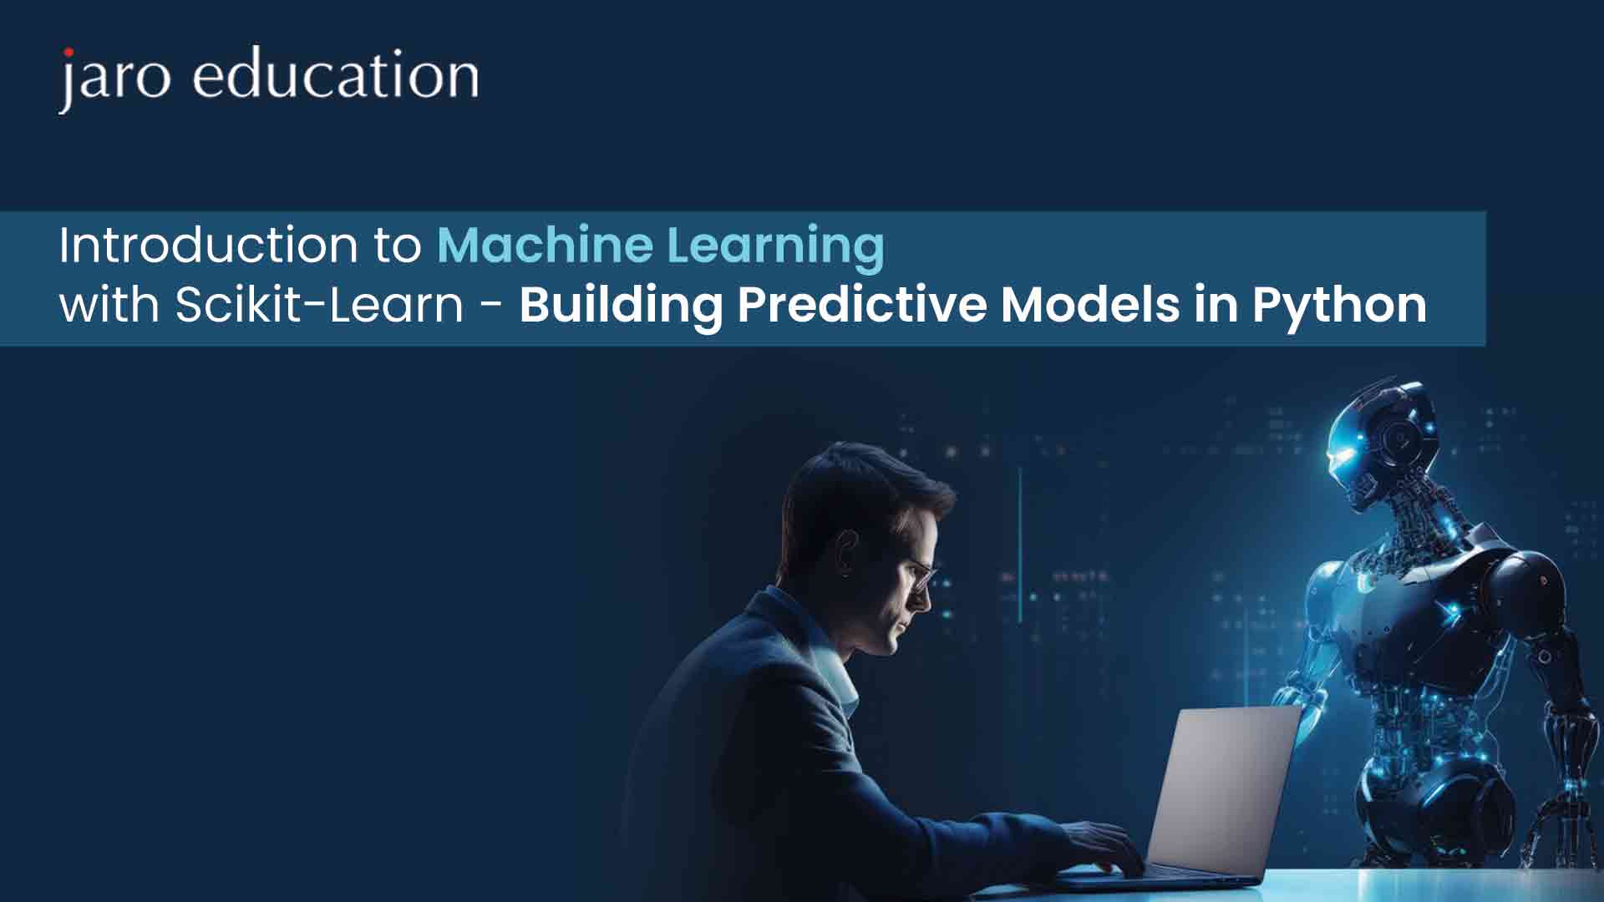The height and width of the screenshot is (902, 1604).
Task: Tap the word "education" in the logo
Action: [x=336, y=74]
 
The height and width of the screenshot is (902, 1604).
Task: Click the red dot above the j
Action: [x=68, y=53]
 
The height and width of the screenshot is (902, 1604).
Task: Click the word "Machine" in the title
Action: [x=545, y=246]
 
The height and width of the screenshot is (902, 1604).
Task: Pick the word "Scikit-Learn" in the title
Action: [x=318, y=305]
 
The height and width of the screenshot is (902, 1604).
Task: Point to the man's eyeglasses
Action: [x=918, y=575]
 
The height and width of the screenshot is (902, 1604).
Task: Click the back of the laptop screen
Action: [x=1224, y=789]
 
